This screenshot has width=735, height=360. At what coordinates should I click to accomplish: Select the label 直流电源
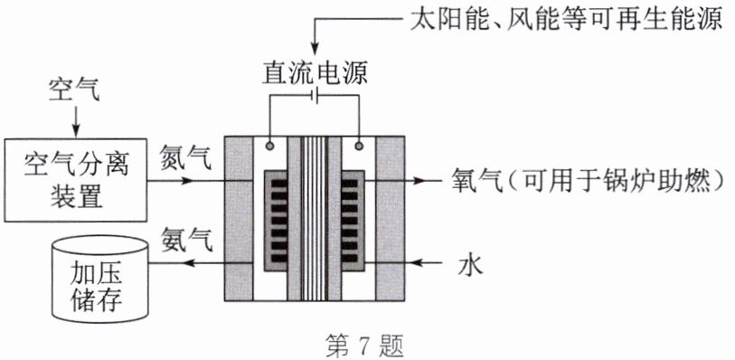314,73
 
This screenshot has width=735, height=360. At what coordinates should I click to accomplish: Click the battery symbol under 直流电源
315,96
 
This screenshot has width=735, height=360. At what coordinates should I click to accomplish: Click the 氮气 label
186,157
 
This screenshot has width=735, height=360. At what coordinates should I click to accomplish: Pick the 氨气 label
186,240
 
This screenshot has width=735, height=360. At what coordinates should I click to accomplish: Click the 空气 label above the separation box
75,90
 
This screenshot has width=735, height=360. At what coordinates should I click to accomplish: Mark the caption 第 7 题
364,346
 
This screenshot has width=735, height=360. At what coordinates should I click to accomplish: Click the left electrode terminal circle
269,146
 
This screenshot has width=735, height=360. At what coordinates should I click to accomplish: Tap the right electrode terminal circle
359,146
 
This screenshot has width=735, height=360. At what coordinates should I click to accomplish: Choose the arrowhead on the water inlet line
420,263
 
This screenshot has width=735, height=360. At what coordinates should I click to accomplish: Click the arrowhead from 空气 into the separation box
75,131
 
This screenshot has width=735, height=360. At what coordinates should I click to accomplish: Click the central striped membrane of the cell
315,218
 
